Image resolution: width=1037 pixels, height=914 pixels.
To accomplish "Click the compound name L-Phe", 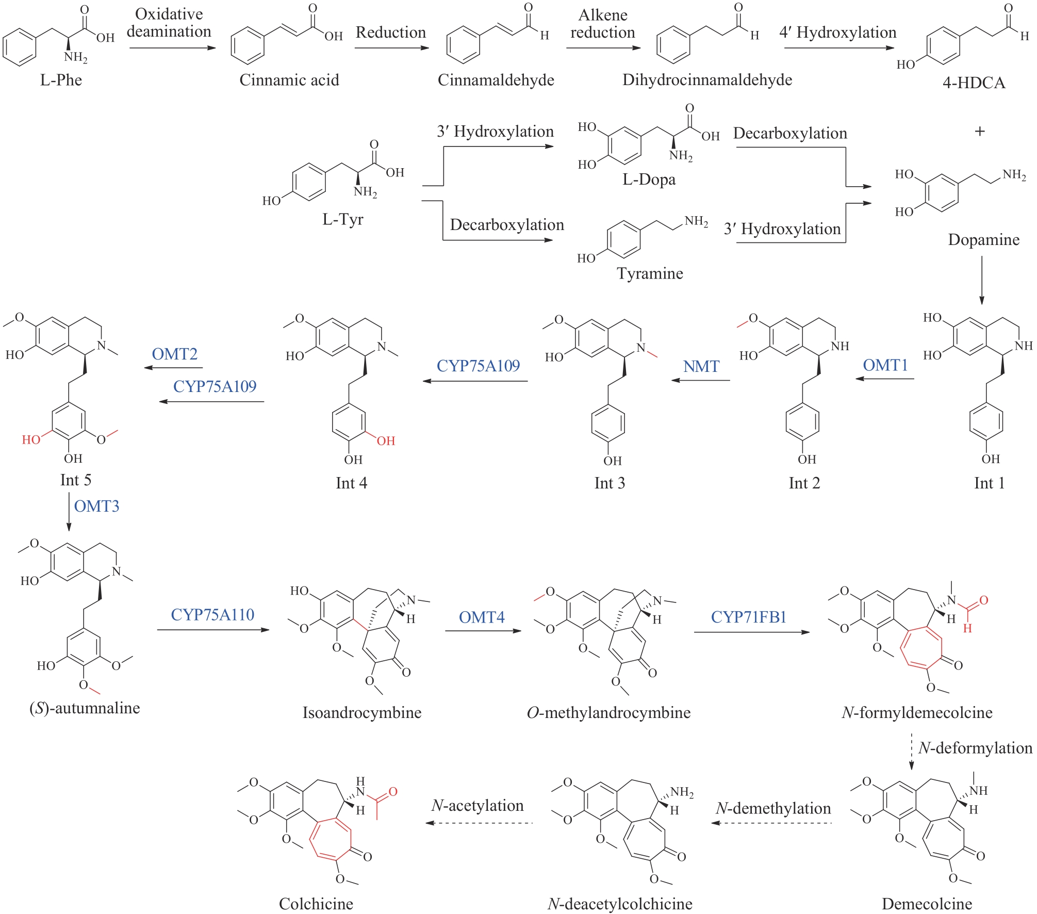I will [61, 80].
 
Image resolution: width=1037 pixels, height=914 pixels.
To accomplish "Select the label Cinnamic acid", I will [289, 80].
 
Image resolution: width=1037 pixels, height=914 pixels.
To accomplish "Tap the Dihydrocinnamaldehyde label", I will [707, 80].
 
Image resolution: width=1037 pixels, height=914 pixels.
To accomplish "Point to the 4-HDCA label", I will [974, 83].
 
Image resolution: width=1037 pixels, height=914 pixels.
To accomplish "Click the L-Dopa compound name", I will [649, 179].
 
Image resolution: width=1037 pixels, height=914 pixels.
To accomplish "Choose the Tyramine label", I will [650, 273].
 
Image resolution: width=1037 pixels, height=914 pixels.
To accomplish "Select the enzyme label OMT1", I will [885, 365].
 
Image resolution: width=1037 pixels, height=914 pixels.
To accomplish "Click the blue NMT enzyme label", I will [701, 366].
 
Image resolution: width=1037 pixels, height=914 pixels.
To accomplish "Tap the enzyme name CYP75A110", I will [212, 614].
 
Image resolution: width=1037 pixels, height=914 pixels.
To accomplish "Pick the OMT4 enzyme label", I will [482, 617].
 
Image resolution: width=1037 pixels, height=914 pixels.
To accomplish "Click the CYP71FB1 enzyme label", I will [748, 617].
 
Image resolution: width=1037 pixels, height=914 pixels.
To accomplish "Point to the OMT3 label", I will [96, 506].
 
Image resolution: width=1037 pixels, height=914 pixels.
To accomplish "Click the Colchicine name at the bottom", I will [316, 903].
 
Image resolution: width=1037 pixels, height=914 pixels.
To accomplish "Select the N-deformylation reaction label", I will [975, 747].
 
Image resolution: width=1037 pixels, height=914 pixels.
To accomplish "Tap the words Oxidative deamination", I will [169, 23].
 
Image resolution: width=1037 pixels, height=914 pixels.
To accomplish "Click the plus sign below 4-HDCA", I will [980, 131].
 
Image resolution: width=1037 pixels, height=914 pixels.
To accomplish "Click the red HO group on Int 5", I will [31, 439].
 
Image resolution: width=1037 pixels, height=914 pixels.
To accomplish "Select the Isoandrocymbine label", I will [362, 712].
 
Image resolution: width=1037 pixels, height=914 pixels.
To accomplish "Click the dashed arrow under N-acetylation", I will [480, 823].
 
